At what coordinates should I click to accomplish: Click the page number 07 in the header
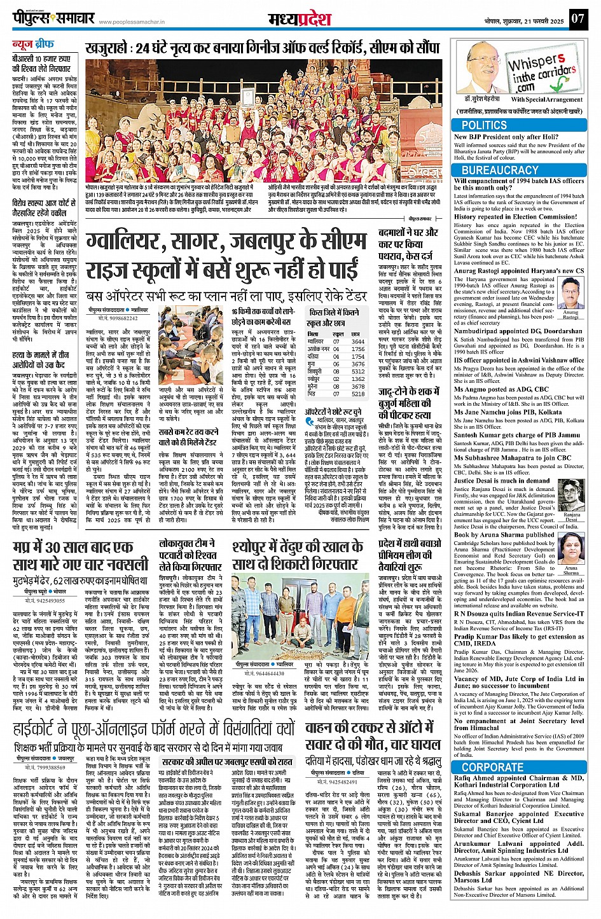click(577, 18)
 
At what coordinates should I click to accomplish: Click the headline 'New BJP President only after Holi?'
click(506, 137)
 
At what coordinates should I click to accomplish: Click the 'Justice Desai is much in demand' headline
click(501, 481)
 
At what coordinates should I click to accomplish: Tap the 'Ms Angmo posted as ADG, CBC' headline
click(501, 389)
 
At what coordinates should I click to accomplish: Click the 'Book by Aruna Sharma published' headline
click(504, 535)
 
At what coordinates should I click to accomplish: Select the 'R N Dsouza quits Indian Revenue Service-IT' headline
click(519, 614)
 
